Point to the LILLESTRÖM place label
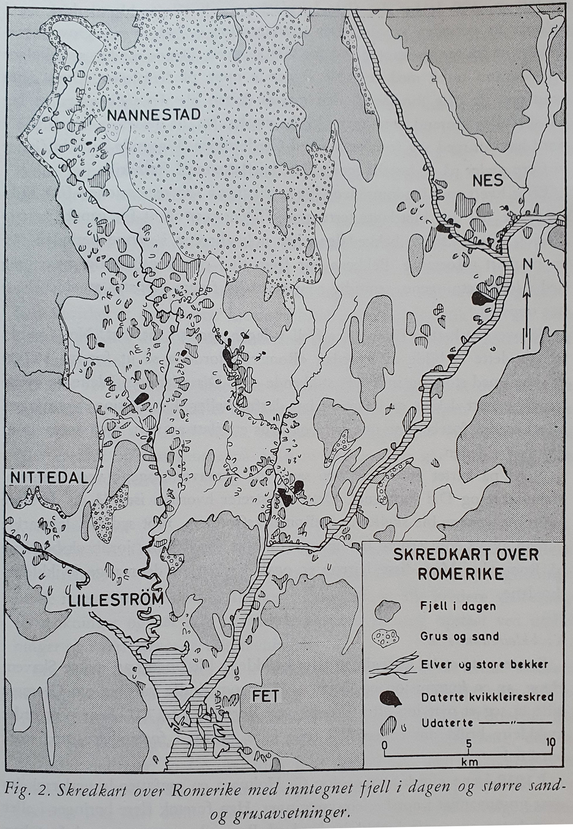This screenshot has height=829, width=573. pos(116,599)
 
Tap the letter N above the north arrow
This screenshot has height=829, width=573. pos(527,264)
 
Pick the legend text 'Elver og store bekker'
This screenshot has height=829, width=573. pos(485,665)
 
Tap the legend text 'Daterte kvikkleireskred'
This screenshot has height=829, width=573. pos(487,697)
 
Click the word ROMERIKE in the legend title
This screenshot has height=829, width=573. pos(461,573)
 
